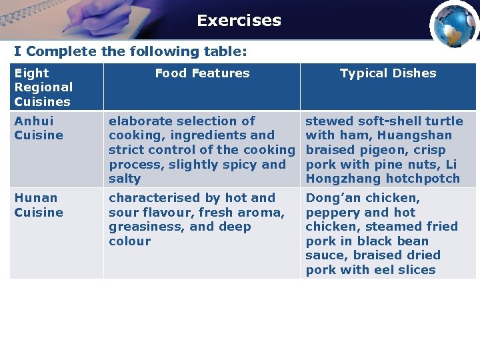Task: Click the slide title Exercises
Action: (239, 21)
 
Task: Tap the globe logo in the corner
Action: (454, 25)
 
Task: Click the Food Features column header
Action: (202, 73)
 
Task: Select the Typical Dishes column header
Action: (388, 73)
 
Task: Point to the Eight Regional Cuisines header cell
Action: (44, 87)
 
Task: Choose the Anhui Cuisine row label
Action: (39, 128)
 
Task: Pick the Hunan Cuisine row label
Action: (39, 205)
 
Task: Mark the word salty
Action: (125, 179)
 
